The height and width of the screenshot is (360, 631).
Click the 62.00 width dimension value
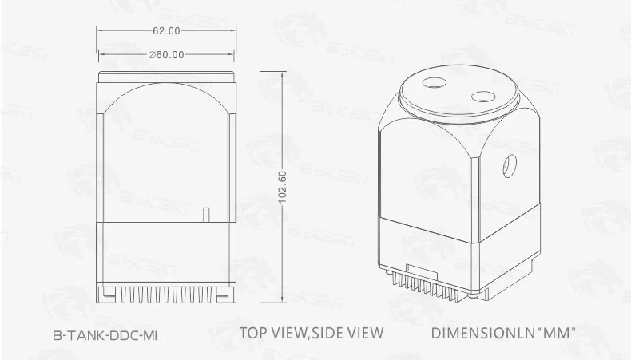coord(165,30)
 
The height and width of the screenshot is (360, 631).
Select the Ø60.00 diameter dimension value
coord(166,54)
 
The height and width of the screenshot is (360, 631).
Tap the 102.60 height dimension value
coord(282,187)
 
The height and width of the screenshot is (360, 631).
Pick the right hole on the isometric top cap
coord(483,97)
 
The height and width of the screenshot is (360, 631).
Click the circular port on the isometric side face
coord(506,165)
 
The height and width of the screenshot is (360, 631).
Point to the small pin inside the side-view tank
coord(206,214)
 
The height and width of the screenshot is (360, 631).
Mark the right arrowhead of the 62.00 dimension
coord(233,30)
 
